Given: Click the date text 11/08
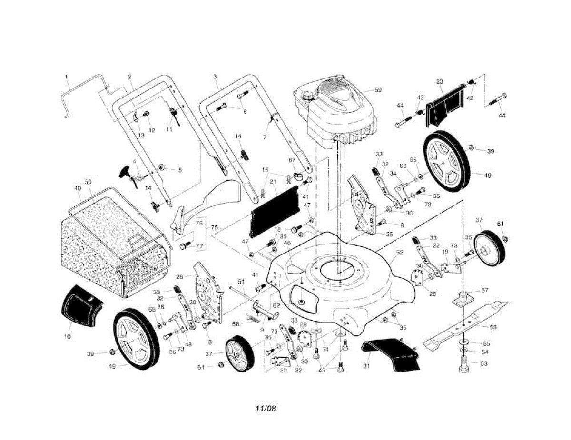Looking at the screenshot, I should [266, 408].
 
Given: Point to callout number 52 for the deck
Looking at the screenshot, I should [399, 253].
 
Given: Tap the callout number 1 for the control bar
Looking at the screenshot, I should [66, 76].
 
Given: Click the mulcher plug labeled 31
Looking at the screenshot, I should [393, 354].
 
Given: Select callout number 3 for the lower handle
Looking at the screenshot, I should [215, 76].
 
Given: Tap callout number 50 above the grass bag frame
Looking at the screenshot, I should [88, 182].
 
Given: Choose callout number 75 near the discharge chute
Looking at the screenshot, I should [215, 227].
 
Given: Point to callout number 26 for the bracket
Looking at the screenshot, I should [179, 276].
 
